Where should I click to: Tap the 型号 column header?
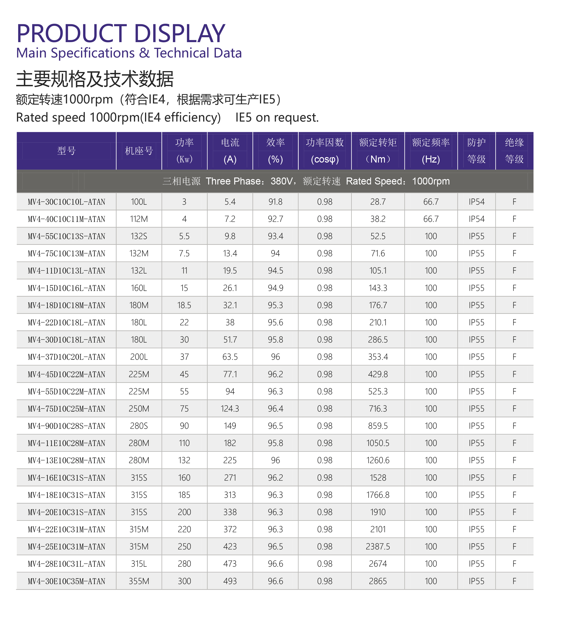coord(66,151)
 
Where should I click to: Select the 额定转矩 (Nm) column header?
coord(378,151)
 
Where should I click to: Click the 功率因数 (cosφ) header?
coord(325,151)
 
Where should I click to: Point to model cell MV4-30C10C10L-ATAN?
coord(66,202)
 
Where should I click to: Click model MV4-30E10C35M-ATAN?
coord(66,581)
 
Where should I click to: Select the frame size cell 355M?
coord(139,581)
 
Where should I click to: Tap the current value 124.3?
coord(230,409)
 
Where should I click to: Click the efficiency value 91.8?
coord(275,202)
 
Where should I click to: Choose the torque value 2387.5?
coord(378,547)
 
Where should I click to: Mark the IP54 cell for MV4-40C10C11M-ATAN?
coord(476,219)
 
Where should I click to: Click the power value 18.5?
coord(184,305)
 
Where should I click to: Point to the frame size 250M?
coord(139,409)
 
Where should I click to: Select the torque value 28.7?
coord(378,202)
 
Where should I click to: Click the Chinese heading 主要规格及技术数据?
coord(95,79)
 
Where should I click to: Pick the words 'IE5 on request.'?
coord(277,117)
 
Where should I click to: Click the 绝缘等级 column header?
coord(514,151)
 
